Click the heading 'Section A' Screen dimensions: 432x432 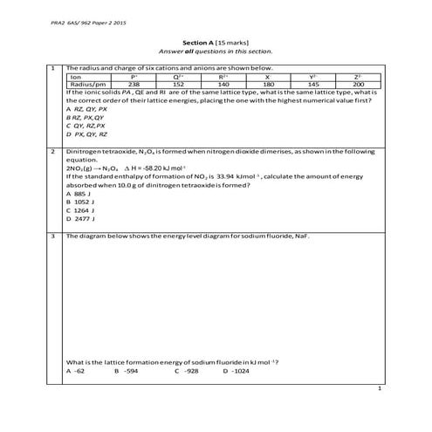tap(203, 42)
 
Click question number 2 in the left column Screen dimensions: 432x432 tap(54, 151)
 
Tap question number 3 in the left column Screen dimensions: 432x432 tap(54, 236)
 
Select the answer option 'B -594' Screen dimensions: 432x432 tap(127, 370)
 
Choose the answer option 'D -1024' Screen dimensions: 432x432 tap(236, 370)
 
